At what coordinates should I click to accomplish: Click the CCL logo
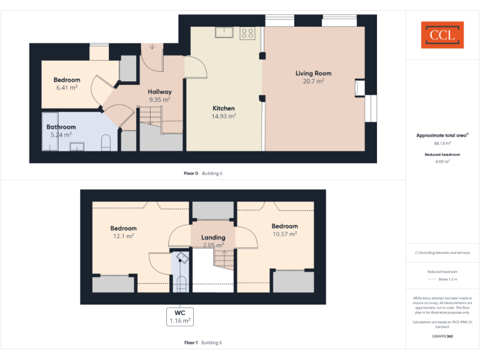coord(442,35)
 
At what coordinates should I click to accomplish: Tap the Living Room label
coord(313,73)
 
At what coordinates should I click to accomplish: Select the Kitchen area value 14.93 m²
coord(223,116)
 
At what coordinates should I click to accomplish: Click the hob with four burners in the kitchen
coord(247,33)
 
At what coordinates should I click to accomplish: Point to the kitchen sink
coord(224,32)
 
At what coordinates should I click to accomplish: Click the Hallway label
coord(160,92)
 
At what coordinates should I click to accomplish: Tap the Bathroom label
coord(61,127)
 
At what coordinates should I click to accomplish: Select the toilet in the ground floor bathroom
coord(106,142)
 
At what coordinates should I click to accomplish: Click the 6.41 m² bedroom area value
coord(67,88)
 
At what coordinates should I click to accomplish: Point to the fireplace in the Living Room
coord(360,88)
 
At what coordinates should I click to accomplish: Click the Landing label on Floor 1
coord(213,237)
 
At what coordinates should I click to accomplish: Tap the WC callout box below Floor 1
coord(179,316)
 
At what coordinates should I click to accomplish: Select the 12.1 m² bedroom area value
coord(123,236)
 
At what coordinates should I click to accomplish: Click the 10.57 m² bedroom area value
coord(284,234)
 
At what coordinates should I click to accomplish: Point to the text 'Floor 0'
coord(191,173)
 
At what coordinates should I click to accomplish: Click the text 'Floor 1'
coord(191,342)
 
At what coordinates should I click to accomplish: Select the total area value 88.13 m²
coord(442,143)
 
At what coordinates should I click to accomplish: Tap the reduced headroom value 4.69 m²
coord(442,161)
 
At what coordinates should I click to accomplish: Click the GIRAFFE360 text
coord(442,336)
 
